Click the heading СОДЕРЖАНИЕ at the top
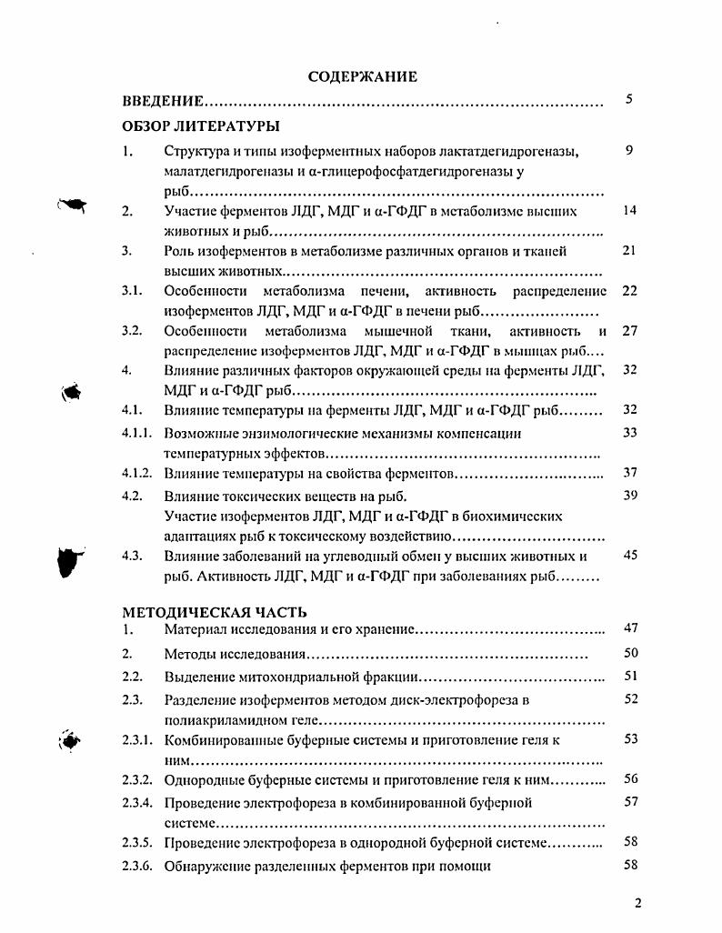coord(363,77)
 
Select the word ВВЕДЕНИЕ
coord(163,103)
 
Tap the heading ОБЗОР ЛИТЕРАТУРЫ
coord(201,125)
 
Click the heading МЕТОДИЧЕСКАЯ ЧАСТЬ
coord(215,612)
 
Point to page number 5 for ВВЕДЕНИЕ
coord(628,99)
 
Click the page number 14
coord(628,211)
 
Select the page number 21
coord(628,251)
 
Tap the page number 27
coord(629,331)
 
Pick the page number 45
coord(629,555)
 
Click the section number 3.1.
coord(132,291)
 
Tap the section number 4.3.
coord(132,556)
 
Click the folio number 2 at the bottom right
coord(637,903)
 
